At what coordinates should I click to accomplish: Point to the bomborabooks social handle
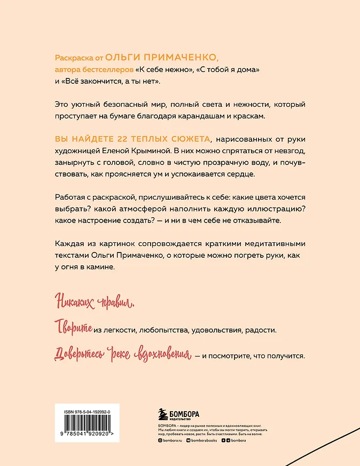[205, 440]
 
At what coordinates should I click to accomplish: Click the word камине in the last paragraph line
[101, 266]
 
